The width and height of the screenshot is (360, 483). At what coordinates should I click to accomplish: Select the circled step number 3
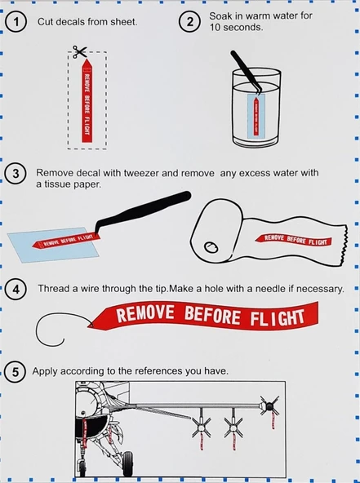(x=16, y=174)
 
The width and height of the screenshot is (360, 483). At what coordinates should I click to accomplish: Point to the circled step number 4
(x=16, y=290)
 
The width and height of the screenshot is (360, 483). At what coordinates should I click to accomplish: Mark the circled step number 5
(x=16, y=372)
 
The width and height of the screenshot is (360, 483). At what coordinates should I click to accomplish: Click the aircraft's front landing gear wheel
(x=129, y=467)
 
